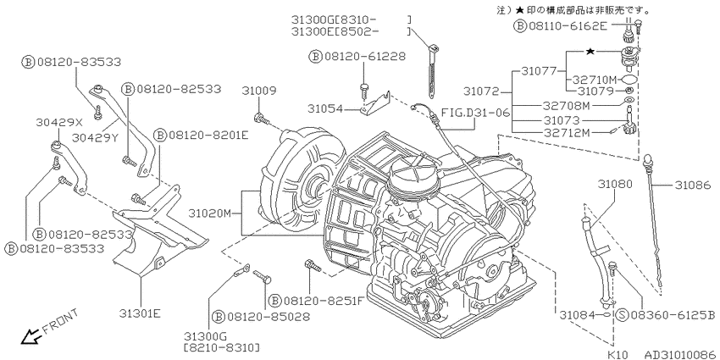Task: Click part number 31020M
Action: point(210,213)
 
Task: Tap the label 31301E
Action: point(140,313)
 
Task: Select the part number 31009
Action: point(259,91)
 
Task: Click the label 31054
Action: point(325,108)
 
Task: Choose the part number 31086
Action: point(693,185)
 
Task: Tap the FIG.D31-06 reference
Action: point(475,112)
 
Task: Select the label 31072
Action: point(481,91)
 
